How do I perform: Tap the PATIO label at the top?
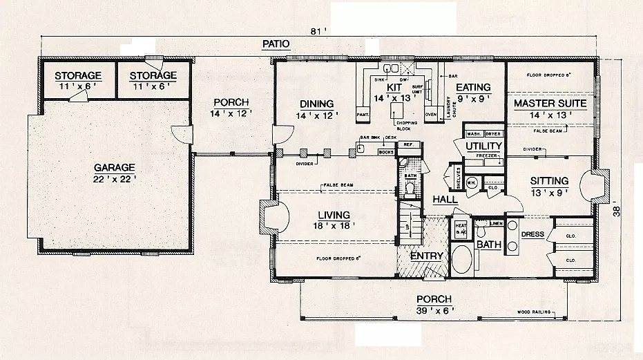pos(276,44)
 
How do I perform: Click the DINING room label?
pos(317,104)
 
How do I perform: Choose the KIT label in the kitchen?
pos(394,88)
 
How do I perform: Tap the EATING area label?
pos(472,87)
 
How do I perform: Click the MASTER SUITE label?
pos(550,104)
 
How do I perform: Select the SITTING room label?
pos(549,181)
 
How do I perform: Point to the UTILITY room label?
pos(483,146)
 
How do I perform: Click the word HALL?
pos(445,200)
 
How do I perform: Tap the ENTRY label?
pos(426,256)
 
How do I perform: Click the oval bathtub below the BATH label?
pos(463,263)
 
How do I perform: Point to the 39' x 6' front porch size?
pos(434,310)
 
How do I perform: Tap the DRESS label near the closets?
pos(532,234)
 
